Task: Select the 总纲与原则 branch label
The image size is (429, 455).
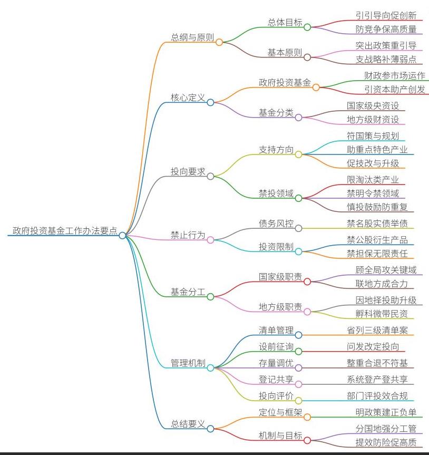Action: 192,37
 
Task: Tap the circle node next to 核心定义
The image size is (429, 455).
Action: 210,102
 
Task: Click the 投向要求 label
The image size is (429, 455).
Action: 188,171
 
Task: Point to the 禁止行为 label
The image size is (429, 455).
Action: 188,235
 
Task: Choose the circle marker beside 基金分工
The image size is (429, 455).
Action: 210,297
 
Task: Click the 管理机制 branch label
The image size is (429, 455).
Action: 188,363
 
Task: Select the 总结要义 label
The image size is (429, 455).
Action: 188,424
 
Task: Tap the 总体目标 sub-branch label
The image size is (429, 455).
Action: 285,22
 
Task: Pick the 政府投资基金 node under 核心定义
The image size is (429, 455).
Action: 285,82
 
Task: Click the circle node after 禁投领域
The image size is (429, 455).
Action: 298,198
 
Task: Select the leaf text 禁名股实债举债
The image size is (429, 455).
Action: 377,224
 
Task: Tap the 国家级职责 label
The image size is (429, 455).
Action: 280,277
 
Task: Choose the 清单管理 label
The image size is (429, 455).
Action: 276,331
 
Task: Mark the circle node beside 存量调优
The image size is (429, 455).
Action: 298,367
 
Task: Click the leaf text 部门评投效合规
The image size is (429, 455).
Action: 377,396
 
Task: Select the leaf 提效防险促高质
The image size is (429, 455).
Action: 386,442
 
